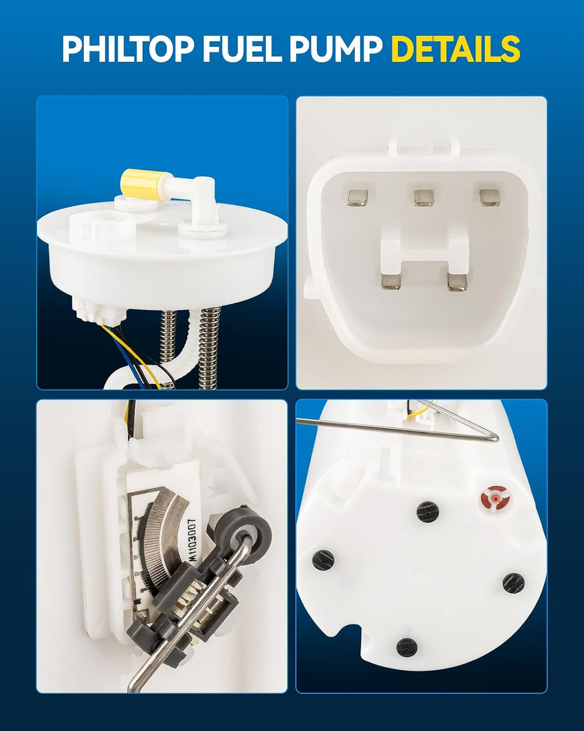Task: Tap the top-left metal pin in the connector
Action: click(358, 198)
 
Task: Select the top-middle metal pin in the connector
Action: click(424, 198)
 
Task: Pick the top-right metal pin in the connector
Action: click(489, 198)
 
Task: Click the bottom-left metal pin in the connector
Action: click(391, 281)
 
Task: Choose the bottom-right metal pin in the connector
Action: click(457, 281)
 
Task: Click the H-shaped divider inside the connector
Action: click(424, 251)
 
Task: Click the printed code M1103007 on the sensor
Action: click(193, 540)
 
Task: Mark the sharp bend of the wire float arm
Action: click(496, 439)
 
